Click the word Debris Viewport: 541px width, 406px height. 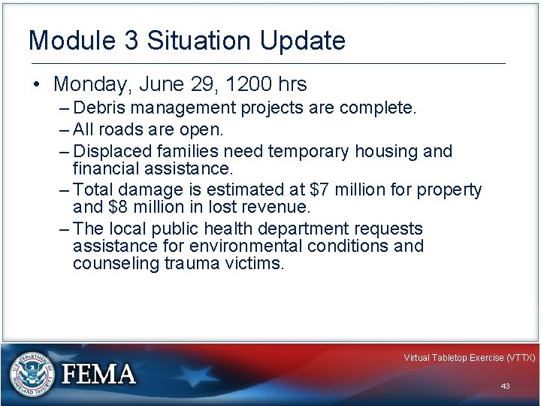[100, 108]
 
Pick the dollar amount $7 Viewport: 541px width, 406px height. [320, 189]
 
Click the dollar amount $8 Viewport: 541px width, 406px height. [119, 207]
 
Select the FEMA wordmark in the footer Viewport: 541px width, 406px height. [100, 374]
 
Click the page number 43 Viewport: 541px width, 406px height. [505, 386]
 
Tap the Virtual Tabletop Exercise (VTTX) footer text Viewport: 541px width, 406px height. [469, 358]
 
